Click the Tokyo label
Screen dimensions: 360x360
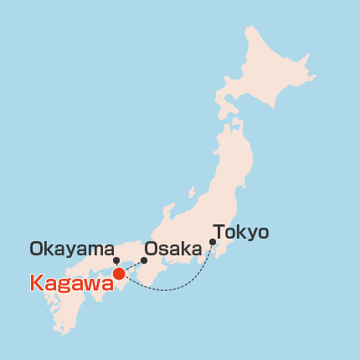(241, 232)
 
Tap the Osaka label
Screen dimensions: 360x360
(173, 249)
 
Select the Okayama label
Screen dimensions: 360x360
(71, 249)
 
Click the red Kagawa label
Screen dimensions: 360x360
(71, 283)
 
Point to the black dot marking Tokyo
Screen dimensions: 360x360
(213, 243)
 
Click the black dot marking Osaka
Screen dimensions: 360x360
(144, 260)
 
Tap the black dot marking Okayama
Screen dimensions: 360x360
(116, 260)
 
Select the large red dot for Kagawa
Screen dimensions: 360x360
(119, 273)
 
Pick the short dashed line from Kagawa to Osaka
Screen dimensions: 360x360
(132, 266)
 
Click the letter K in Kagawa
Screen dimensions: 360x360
(37, 283)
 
